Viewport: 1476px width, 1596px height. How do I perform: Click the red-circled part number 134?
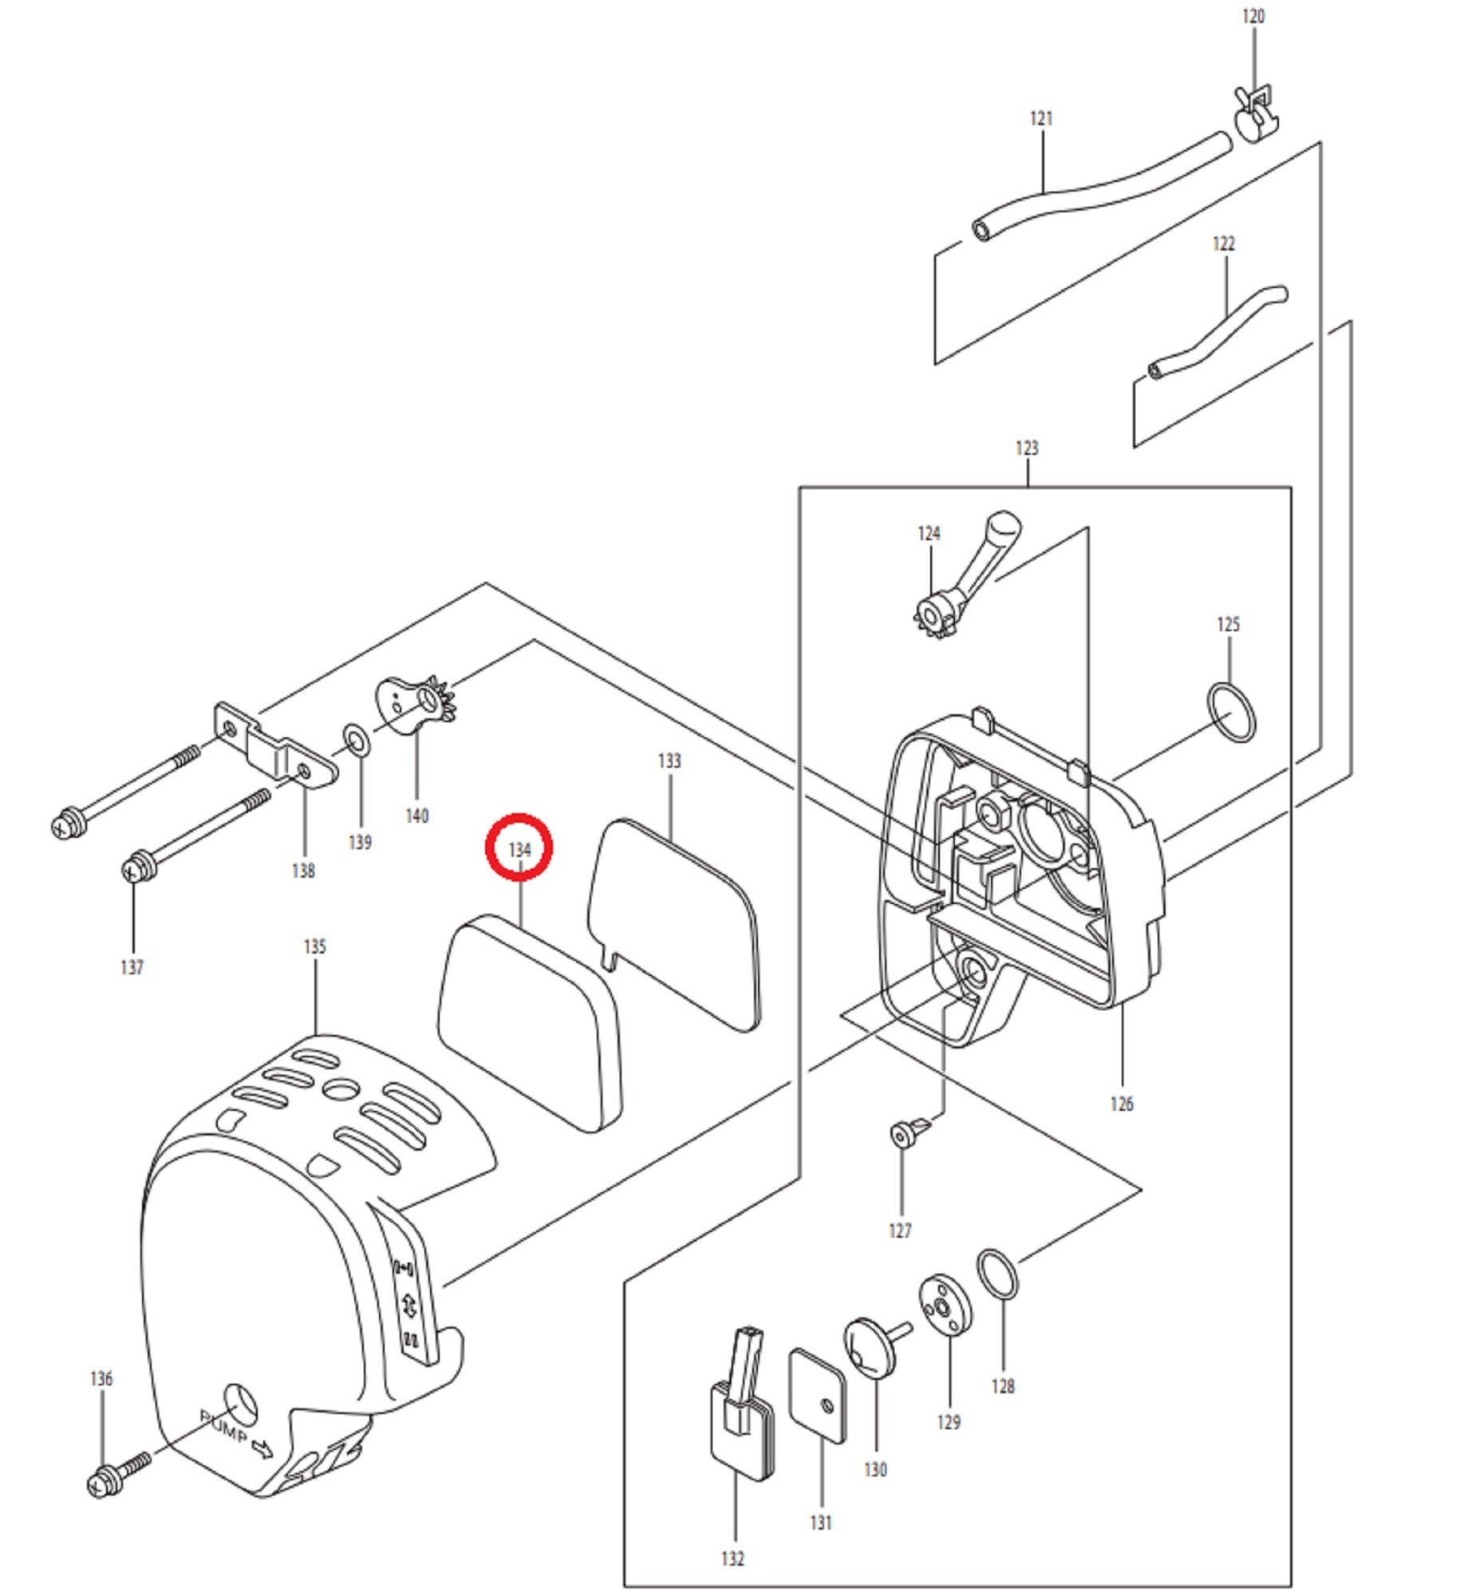tap(519, 850)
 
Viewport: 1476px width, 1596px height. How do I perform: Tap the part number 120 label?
tap(1253, 17)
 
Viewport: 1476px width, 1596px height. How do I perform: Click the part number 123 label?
tap(1026, 448)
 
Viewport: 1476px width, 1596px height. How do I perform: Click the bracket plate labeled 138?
tap(274, 747)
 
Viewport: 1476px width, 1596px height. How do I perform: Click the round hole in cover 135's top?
tap(341, 1088)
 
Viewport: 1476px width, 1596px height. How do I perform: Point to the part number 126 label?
tap(1122, 1104)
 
